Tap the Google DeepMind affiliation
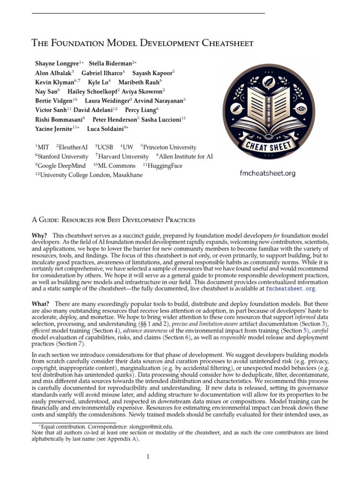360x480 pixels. point(59,166)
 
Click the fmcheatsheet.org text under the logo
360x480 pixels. point(268,173)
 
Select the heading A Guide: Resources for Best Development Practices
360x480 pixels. point(113,219)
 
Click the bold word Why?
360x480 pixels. point(39,235)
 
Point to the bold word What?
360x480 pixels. point(40,305)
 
